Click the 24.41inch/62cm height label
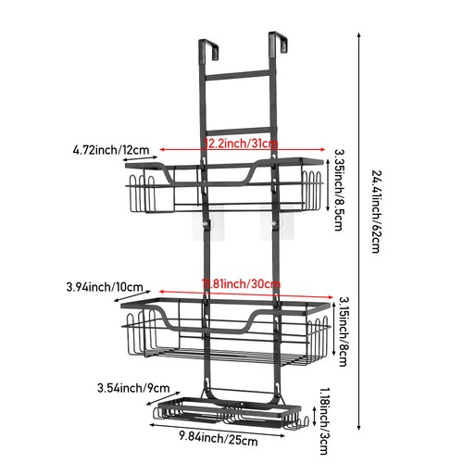pos(377,211)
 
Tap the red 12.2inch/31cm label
pos(241,144)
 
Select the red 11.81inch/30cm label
pos(241,283)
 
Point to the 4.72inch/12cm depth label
pos(111,150)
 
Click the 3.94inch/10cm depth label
pos(105,287)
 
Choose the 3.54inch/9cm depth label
pos(133,388)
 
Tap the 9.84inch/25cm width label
pos(219,439)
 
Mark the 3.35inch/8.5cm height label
pos(339,190)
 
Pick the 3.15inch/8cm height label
pos(344,332)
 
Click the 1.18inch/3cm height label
pos(323,421)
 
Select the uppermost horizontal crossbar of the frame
pos(237,75)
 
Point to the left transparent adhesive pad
pos(208,223)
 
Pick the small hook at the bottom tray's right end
pos(304,421)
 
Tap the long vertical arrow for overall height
pos(358,231)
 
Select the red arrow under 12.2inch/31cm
pos(243,150)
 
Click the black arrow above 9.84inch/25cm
pos(217,431)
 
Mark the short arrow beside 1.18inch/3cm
pos(314,416)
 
